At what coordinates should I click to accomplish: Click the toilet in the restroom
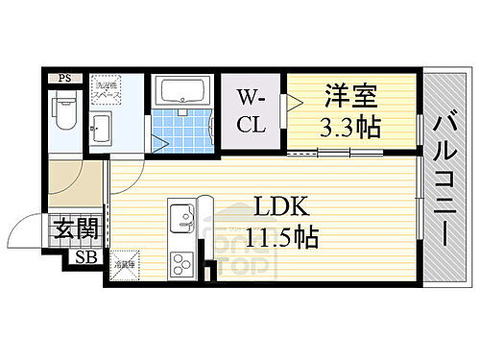click(64, 112)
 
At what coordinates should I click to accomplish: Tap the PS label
click(64, 78)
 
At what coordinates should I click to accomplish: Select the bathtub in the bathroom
click(185, 92)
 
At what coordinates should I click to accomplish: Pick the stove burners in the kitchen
click(180, 260)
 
